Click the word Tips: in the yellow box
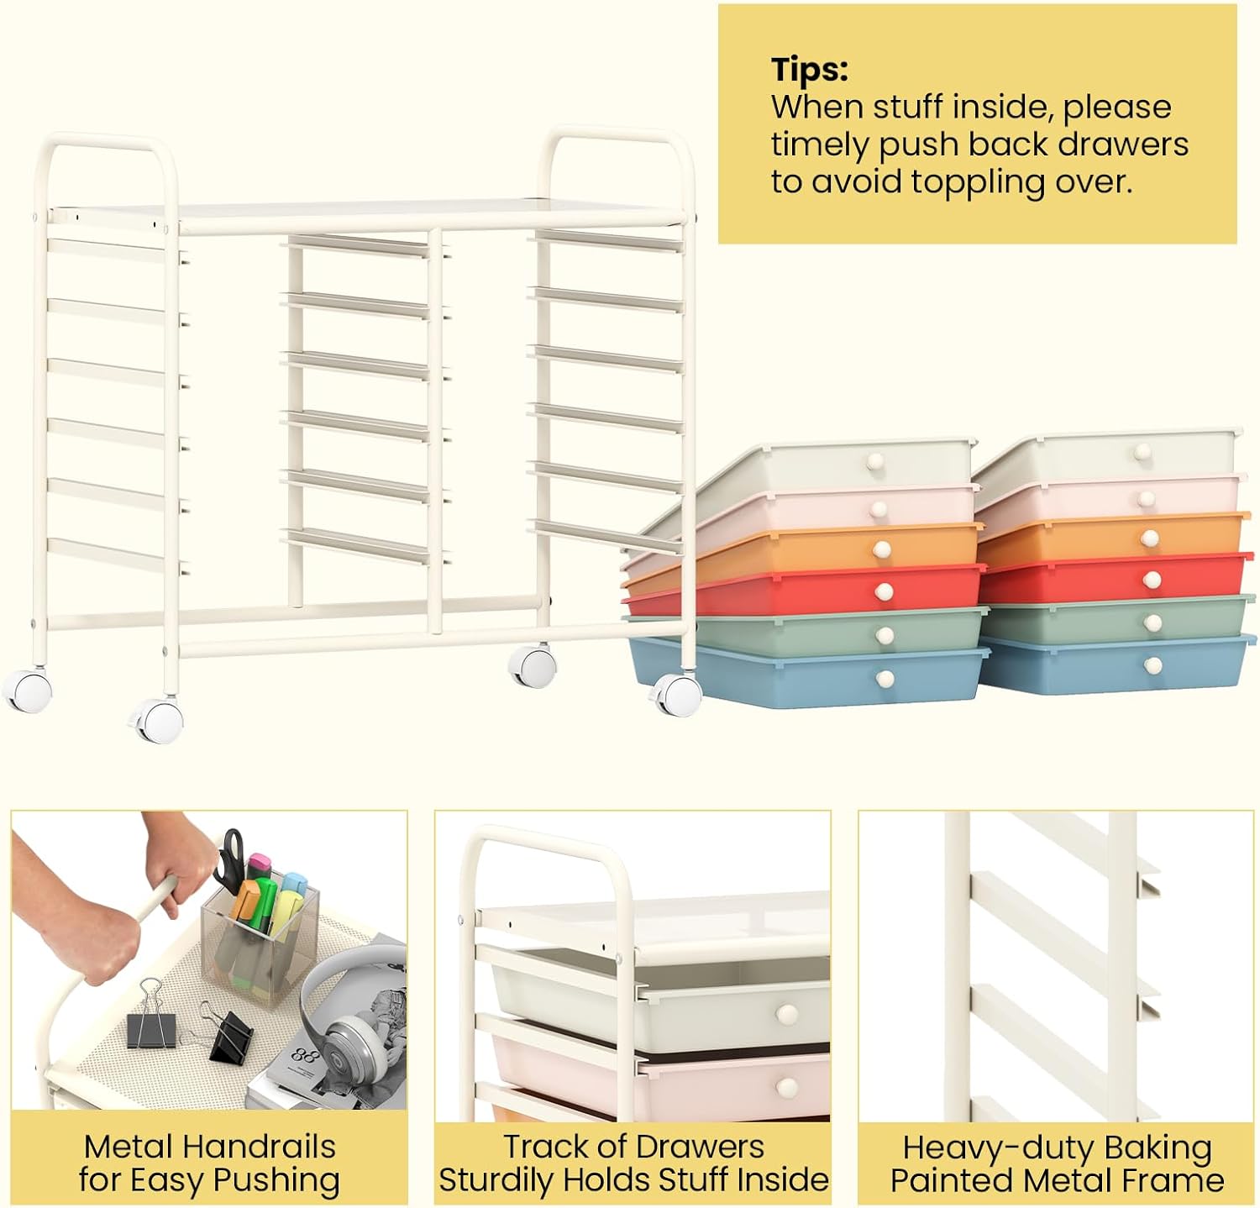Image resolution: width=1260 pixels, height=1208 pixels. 810,70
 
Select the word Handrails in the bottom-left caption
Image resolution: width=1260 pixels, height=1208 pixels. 260,1147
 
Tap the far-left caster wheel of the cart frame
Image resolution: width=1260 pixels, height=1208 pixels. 27,691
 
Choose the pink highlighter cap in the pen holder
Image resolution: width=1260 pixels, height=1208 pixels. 260,863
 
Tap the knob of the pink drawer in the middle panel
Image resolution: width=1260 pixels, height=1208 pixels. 787,1088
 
